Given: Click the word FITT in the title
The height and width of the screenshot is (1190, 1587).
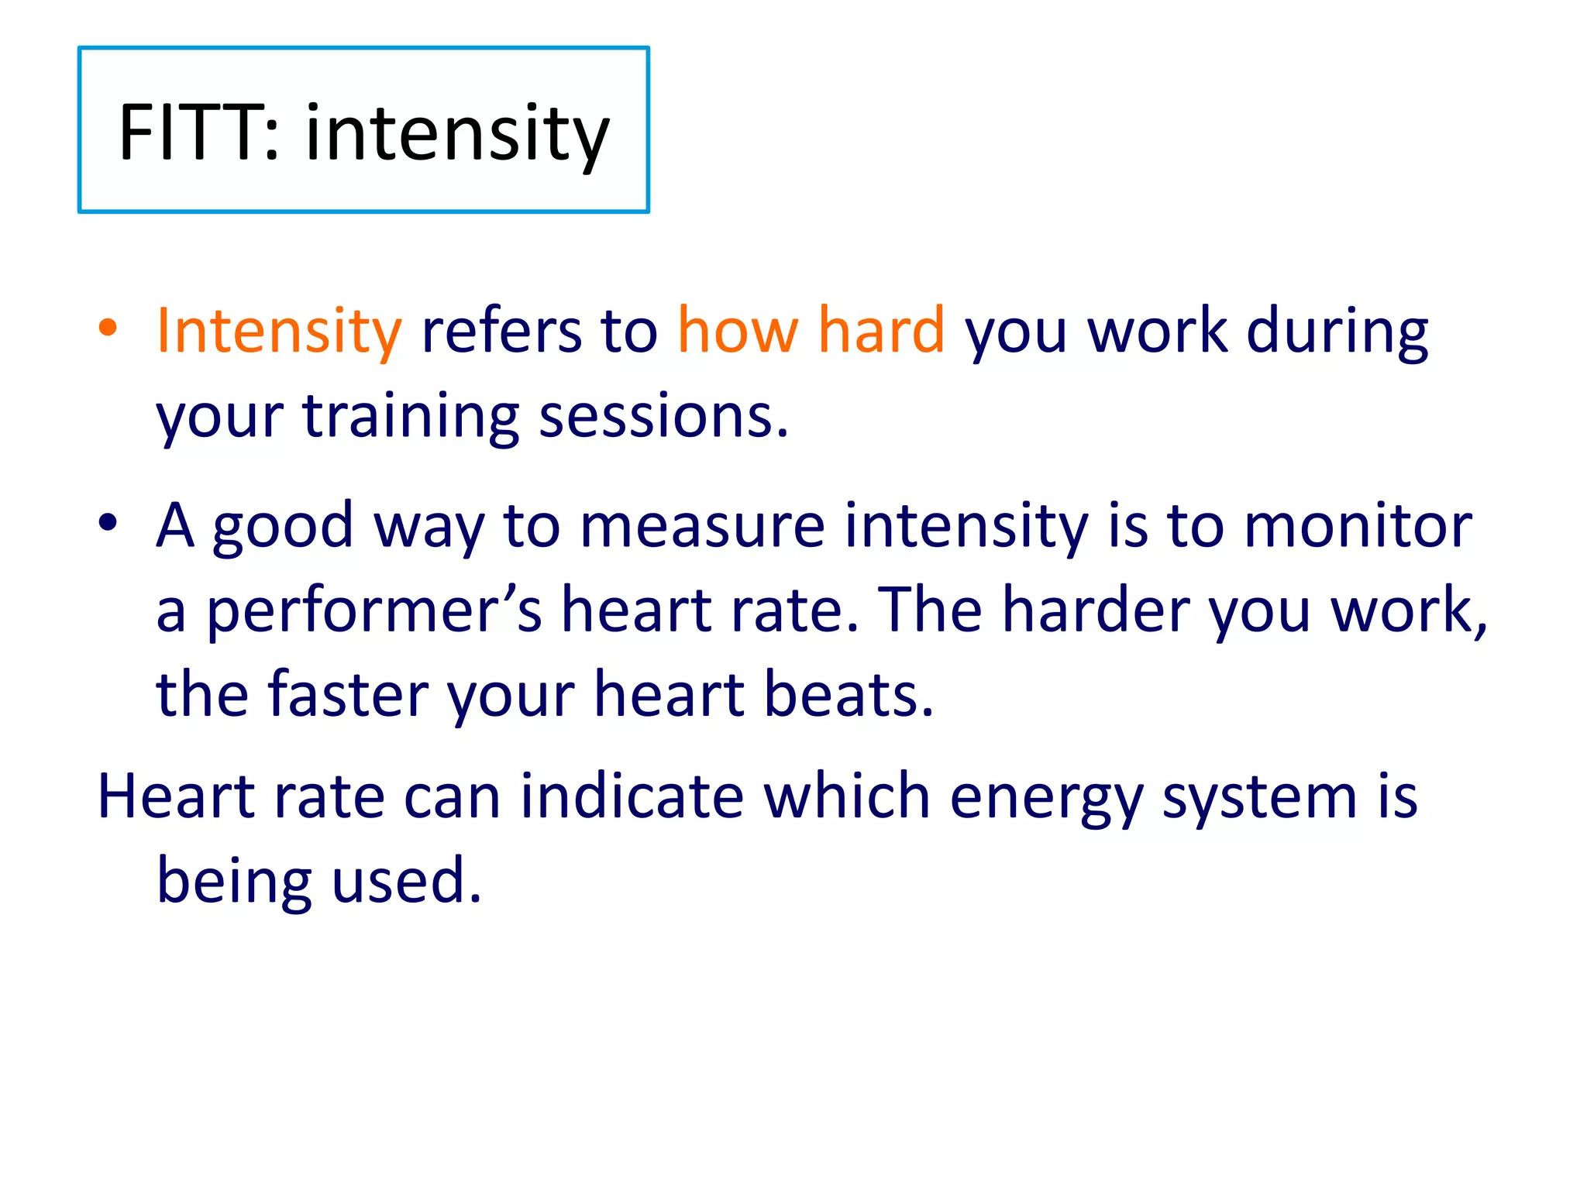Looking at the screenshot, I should tap(189, 132).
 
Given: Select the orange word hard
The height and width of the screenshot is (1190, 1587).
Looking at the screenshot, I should tap(881, 330).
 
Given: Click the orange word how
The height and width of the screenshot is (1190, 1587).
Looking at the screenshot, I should tap(737, 330).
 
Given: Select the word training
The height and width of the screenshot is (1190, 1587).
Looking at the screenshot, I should tap(411, 416).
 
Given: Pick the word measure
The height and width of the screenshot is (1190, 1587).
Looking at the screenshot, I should tap(702, 525).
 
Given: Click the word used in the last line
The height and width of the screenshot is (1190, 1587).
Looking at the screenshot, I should tap(406, 881).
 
